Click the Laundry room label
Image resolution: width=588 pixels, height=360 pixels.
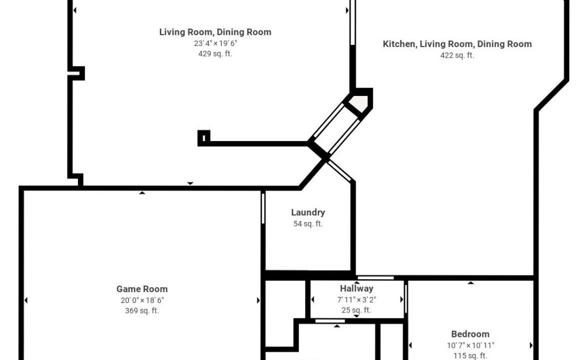[x=308, y=212]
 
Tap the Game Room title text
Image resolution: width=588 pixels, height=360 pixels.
[x=142, y=289]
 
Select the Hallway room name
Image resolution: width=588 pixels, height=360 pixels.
[x=357, y=288]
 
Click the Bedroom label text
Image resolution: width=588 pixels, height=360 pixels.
[x=470, y=334]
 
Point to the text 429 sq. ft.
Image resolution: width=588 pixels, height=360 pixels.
[x=215, y=53]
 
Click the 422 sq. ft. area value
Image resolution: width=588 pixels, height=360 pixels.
[x=457, y=55]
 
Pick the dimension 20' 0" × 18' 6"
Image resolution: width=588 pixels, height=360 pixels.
[x=142, y=300]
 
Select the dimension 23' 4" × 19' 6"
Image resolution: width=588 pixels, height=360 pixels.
[x=216, y=43]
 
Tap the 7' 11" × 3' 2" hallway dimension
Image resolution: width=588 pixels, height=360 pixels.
[x=357, y=299]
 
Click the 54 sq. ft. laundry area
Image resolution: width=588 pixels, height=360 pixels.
[x=308, y=223]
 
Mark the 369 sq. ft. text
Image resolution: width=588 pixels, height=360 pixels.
[x=142, y=311]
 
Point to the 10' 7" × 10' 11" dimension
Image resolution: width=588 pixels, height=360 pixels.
[x=471, y=345]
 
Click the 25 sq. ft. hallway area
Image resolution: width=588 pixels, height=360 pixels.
[x=356, y=310]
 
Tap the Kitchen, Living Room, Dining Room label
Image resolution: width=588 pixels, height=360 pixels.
[x=457, y=44]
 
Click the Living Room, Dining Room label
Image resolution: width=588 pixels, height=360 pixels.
[x=215, y=32]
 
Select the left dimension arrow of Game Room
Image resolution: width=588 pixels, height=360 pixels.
[x=26, y=300]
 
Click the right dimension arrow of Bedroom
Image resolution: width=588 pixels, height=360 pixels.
[x=531, y=345]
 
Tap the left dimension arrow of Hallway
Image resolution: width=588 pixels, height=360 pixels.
[x=313, y=299]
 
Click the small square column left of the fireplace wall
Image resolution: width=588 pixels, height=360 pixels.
[x=204, y=137]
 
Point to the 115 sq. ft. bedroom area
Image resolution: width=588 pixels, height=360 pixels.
[x=470, y=355]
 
